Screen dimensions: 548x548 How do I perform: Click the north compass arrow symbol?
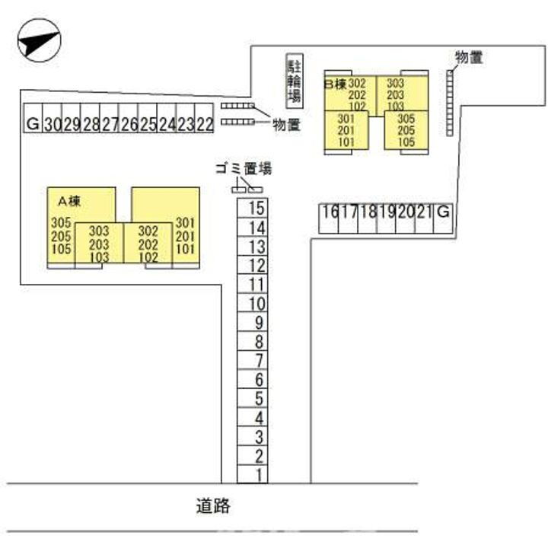39,40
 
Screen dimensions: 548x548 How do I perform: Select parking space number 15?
253,208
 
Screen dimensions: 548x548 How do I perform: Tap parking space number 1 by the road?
253,474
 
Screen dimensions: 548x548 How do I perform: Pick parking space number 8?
253,341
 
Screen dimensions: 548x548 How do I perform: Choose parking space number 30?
53,118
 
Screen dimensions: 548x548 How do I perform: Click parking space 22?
204,118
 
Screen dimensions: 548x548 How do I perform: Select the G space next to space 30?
33,118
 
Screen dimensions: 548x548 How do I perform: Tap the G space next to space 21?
443,218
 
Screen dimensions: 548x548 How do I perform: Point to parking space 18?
368,218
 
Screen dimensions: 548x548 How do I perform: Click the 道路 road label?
213,505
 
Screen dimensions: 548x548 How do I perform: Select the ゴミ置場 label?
244,168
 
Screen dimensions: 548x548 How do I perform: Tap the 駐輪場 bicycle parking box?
295,81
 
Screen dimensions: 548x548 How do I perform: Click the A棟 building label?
69,201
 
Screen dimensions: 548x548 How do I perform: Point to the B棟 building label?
335,84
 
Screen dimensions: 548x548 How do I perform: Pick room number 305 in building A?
61,222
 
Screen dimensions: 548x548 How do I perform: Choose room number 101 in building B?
346,142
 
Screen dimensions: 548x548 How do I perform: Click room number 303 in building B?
395,83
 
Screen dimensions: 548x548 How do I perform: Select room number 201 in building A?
185,236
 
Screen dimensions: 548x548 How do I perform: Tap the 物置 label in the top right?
469,57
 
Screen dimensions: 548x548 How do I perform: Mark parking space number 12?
253,266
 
